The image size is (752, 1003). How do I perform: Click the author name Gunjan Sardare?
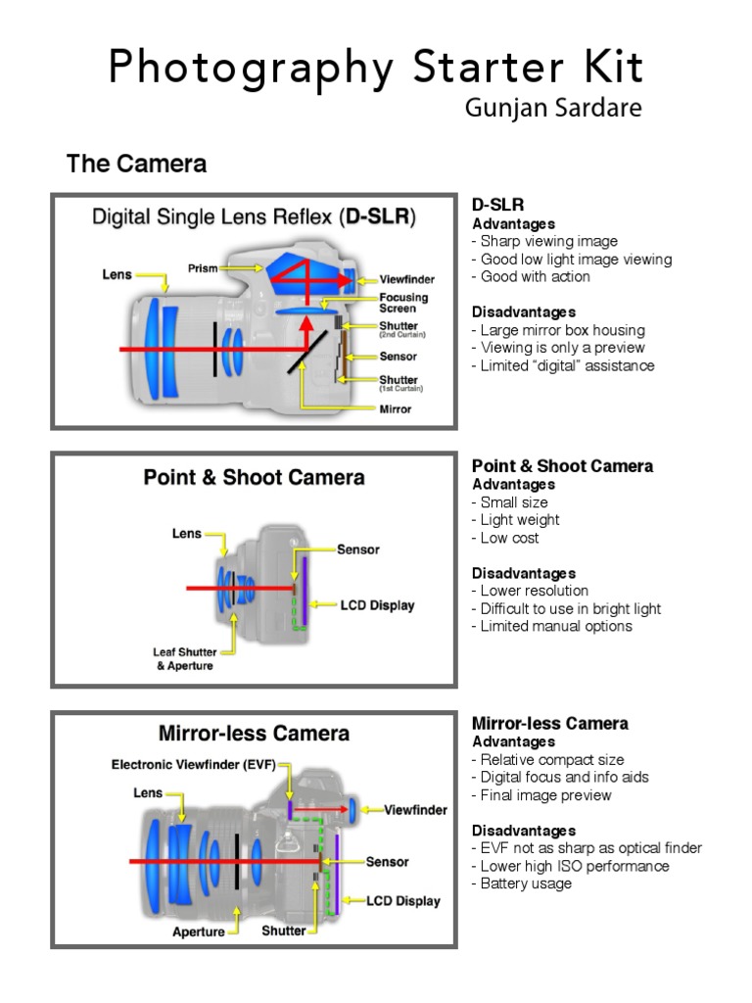552,108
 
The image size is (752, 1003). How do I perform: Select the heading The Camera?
136,164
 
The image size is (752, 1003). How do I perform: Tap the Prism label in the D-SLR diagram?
203,267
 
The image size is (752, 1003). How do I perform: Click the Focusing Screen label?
403,303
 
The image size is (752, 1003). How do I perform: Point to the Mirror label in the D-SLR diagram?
396,408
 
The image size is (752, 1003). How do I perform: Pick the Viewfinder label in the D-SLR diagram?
406,279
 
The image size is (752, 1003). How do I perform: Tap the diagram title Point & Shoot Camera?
254,477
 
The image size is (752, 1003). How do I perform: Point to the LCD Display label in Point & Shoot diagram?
377,605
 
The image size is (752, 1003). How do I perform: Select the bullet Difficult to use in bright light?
566,608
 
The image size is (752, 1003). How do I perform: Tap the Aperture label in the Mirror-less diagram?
199,931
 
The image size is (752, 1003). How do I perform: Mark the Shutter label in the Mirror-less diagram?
283,931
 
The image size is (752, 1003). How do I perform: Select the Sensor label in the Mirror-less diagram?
387,862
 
